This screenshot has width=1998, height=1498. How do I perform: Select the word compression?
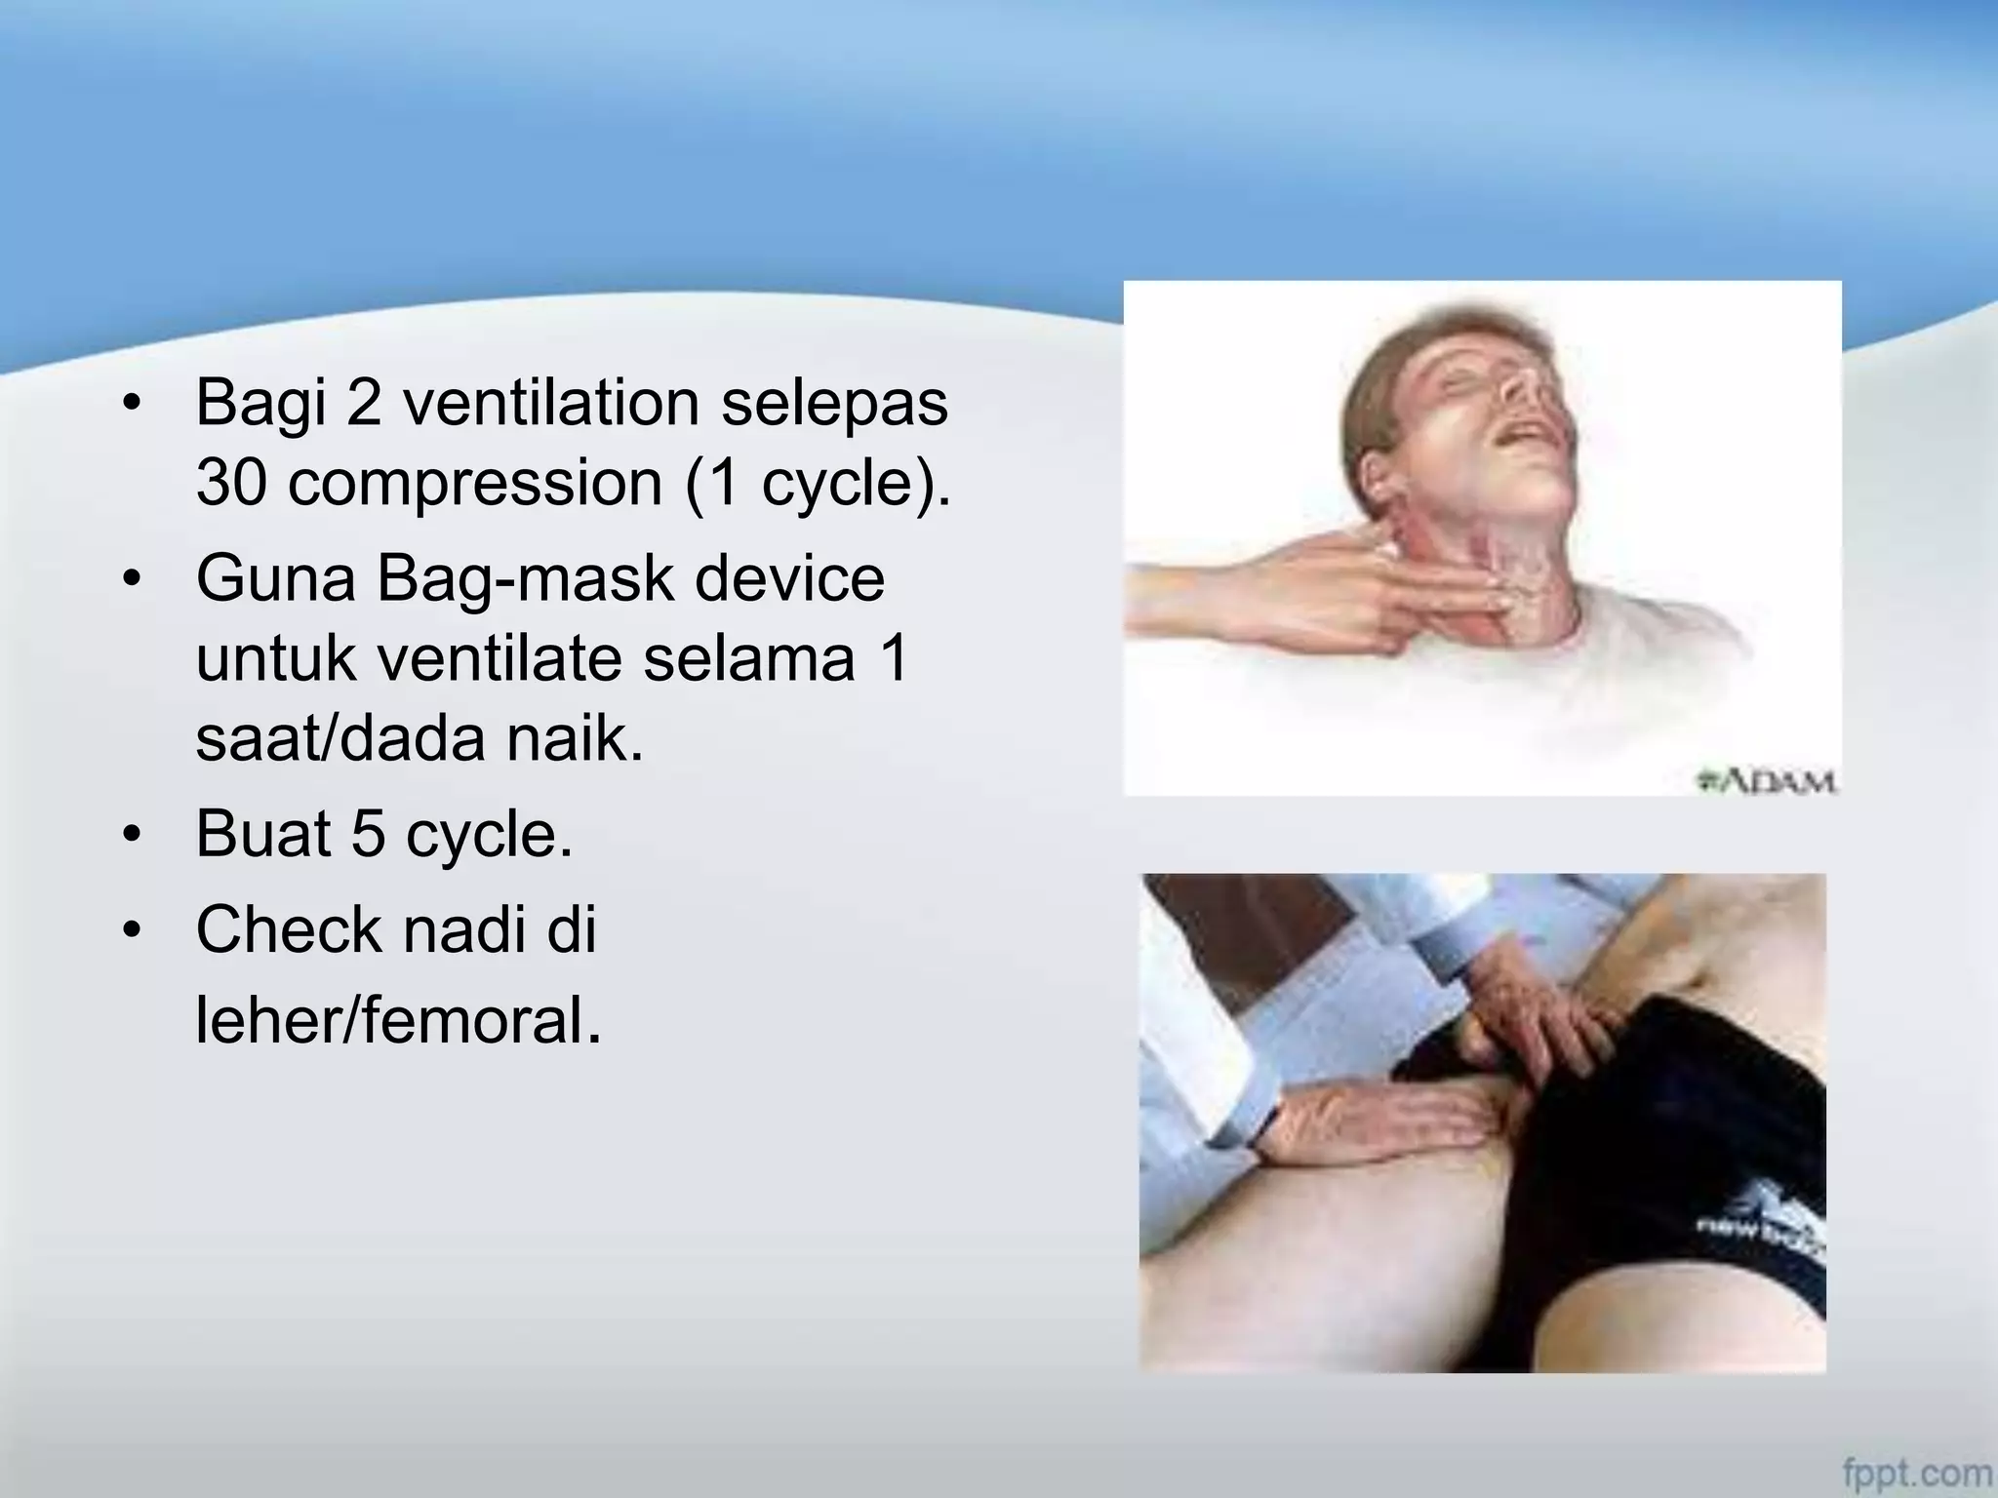point(475,484)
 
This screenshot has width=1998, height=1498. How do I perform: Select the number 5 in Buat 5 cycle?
point(369,835)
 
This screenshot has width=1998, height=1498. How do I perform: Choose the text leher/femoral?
point(398,1020)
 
